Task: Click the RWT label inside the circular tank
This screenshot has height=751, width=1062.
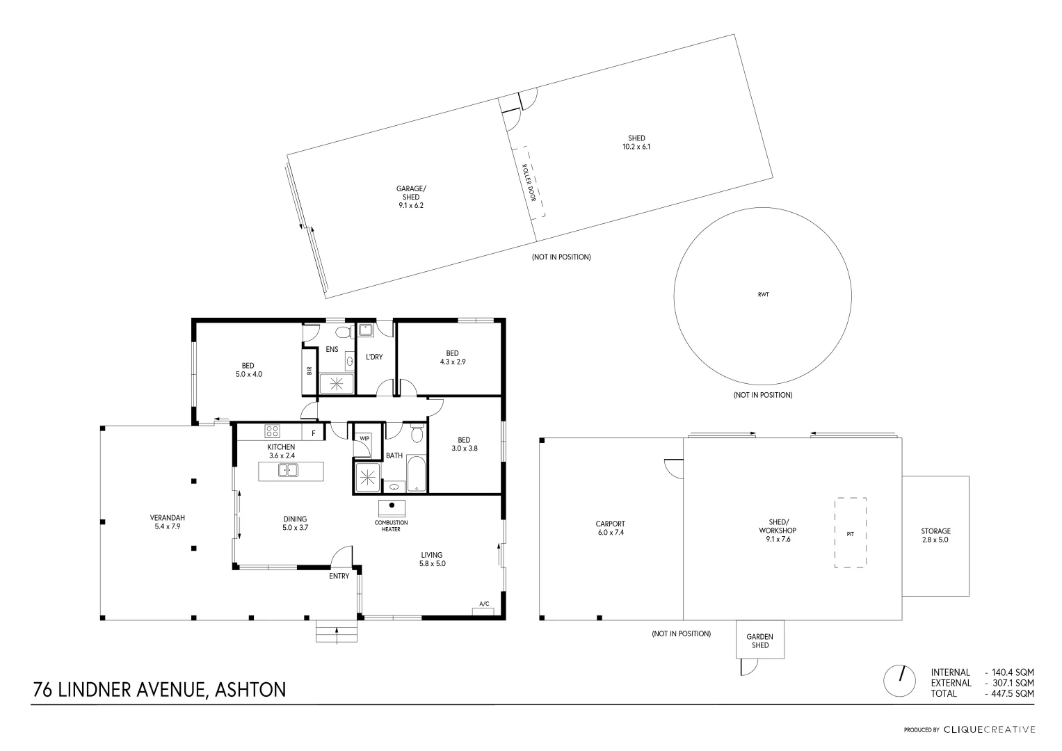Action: point(763,295)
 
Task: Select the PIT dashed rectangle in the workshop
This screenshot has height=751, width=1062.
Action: point(850,533)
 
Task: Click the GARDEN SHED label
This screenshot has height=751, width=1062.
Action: point(759,640)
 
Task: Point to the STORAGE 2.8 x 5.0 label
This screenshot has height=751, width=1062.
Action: point(935,535)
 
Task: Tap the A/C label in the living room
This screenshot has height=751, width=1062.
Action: point(484,604)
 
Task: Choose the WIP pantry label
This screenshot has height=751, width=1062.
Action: point(364,438)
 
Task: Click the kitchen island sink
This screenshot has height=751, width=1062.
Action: point(288,471)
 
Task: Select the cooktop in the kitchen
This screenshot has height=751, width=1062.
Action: point(271,431)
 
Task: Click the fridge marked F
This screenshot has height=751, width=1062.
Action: point(314,433)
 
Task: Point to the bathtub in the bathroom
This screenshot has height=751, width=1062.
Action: point(415,475)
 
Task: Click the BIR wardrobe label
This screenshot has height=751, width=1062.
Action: point(309,371)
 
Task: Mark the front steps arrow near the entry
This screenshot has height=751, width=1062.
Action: point(337,633)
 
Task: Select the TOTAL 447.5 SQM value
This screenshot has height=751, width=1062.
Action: point(1009,693)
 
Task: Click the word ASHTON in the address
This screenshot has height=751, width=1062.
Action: point(251,690)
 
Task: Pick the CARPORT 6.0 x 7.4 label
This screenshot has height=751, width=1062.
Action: point(610,528)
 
